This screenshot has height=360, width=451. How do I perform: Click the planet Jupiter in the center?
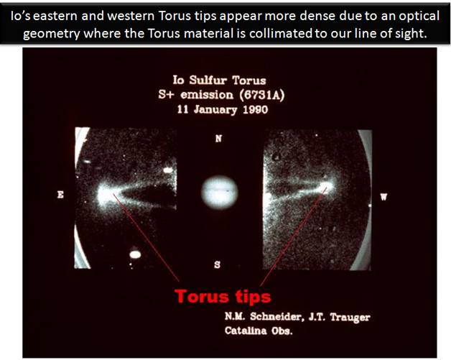pyautogui.click(x=220, y=193)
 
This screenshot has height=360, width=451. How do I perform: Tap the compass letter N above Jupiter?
pyautogui.click(x=218, y=139)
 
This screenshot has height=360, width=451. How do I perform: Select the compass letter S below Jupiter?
pyautogui.click(x=218, y=264)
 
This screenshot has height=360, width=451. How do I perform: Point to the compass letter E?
pyautogui.click(x=60, y=195)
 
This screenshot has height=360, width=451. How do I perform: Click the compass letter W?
pyautogui.click(x=383, y=197)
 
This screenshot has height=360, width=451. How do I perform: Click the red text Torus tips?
pyautogui.click(x=223, y=296)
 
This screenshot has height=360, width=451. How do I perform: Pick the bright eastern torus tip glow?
pyautogui.click(x=106, y=195)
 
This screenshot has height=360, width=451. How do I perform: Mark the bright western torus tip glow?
pyautogui.click(x=326, y=188)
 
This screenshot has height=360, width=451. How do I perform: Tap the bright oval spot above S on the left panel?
pyautogui.click(x=135, y=254)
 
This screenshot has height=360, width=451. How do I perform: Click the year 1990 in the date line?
pyautogui.click(x=256, y=110)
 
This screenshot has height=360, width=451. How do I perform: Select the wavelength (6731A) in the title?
pyautogui.click(x=262, y=95)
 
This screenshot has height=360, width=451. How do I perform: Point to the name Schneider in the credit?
pyautogui.click(x=275, y=317)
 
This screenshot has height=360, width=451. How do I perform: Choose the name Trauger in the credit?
pyautogui.click(x=350, y=317)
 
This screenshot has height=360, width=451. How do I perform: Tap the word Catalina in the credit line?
pyautogui.click(x=246, y=331)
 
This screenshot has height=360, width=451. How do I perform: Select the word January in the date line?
pyautogui.click(x=215, y=110)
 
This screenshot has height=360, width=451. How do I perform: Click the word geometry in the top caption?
pyautogui.click(x=51, y=34)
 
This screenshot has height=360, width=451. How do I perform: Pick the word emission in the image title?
pyautogui.click(x=207, y=95)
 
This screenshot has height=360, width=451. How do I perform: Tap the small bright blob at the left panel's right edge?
pyautogui.click(x=168, y=170)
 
